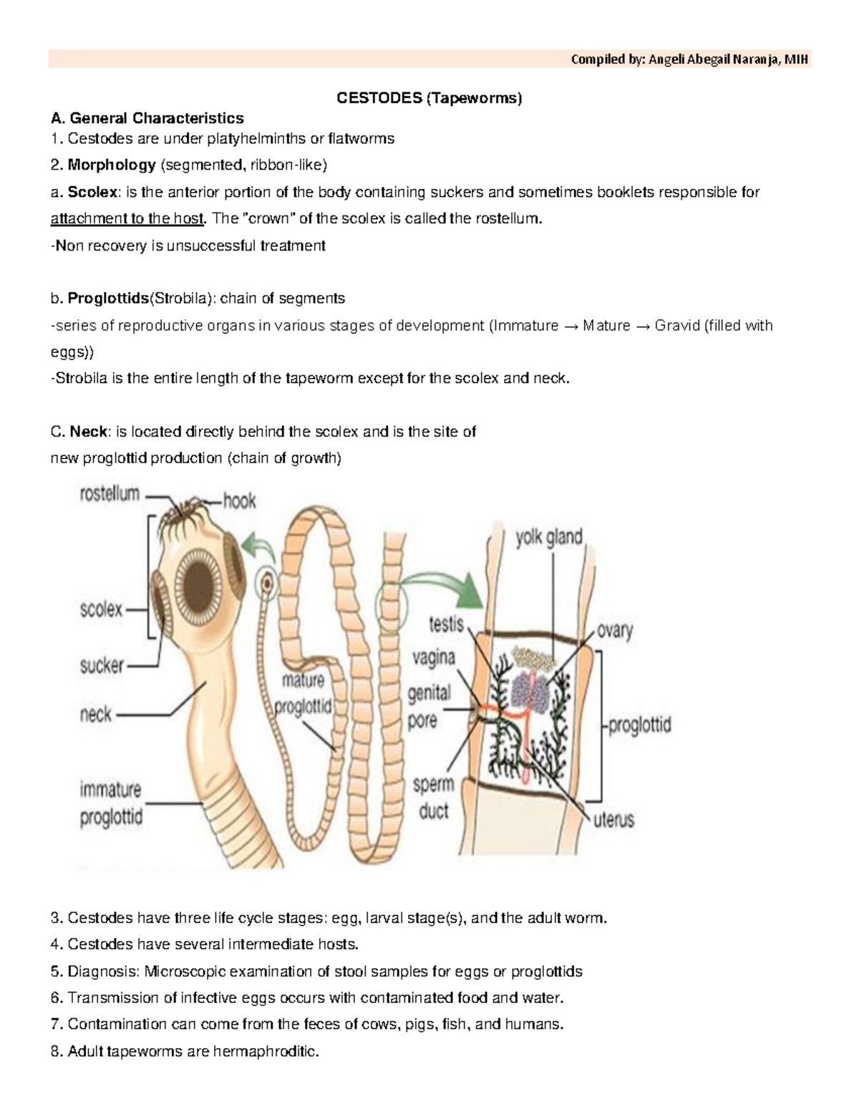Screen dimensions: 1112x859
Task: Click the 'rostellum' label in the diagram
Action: (x=109, y=494)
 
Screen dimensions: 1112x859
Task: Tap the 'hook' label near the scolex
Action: (x=239, y=501)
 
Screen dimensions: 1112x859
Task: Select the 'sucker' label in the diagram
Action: (x=102, y=666)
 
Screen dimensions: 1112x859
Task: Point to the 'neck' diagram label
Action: (x=96, y=714)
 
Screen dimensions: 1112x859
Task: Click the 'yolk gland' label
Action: (x=549, y=536)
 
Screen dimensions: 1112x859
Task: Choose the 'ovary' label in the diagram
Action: (x=613, y=631)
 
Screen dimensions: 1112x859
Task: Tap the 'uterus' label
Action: (x=613, y=818)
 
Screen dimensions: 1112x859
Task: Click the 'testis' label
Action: (x=446, y=625)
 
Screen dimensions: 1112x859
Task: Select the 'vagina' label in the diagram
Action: (x=434, y=657)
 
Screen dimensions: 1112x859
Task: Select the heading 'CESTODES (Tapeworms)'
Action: (x=429, y=98)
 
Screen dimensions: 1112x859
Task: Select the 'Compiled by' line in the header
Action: (x=689, y=59)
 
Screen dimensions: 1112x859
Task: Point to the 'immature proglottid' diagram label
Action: (x=111, y=803)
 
